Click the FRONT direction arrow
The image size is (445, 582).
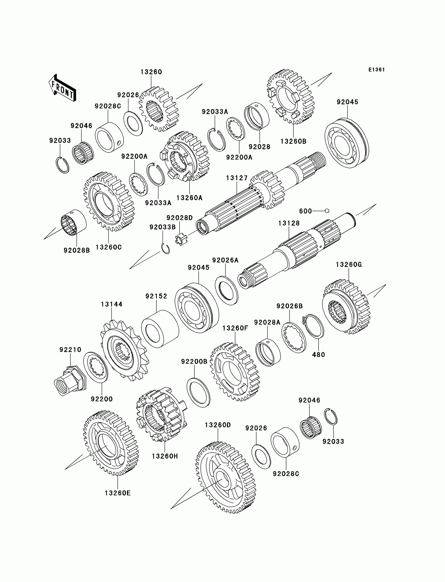point(63,88)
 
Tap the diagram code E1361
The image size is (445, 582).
point(376,70)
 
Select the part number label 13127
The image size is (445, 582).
point(237,178)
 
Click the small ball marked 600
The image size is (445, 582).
point(327,211)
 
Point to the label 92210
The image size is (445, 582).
point(70,350)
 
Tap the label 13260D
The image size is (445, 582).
point(218,425)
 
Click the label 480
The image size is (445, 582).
point(318,355)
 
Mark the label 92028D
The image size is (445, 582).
point(180,218)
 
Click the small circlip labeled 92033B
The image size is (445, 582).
point(165,248)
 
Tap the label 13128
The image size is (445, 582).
point(289,223)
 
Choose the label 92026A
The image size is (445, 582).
point(225,260)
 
